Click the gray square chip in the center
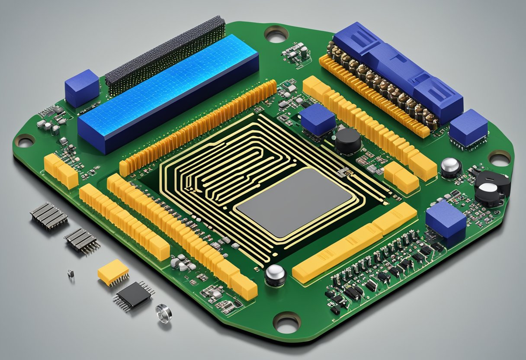(294, 202)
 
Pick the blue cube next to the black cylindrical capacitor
(318, 120)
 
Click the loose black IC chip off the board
(134, 295)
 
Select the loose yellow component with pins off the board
(113, 272)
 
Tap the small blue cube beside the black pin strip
(82, 87)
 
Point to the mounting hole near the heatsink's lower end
(25, 140)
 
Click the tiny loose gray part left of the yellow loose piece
(71, 273)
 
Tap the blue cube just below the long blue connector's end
(468, 128)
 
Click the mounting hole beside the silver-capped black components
(500, 158)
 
